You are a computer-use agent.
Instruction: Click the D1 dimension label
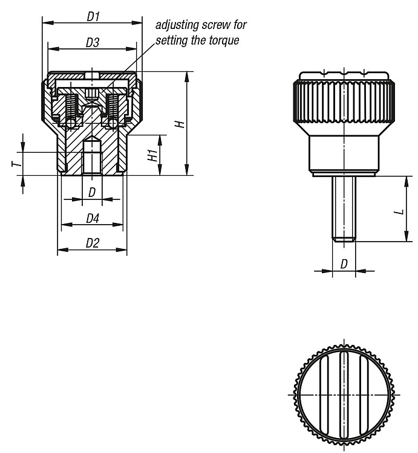point(93,17)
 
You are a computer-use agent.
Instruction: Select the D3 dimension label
point(93,43)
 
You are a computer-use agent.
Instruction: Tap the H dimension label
point(180,124)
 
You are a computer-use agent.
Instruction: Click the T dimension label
point(17,164)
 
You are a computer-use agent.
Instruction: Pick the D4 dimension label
point(93,219)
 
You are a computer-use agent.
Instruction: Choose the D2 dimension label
point(93,243)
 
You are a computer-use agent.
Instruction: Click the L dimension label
point(400,212)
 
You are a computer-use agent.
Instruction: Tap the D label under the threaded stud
point(344,264)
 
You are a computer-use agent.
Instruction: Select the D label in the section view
point(92,192)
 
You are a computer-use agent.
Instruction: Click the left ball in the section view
point(71,124)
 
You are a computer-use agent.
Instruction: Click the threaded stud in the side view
point(344,208)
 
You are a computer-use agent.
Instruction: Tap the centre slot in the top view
point(344,395)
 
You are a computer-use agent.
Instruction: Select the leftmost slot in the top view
point(324,395)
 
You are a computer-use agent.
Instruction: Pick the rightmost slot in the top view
point(364,395)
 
